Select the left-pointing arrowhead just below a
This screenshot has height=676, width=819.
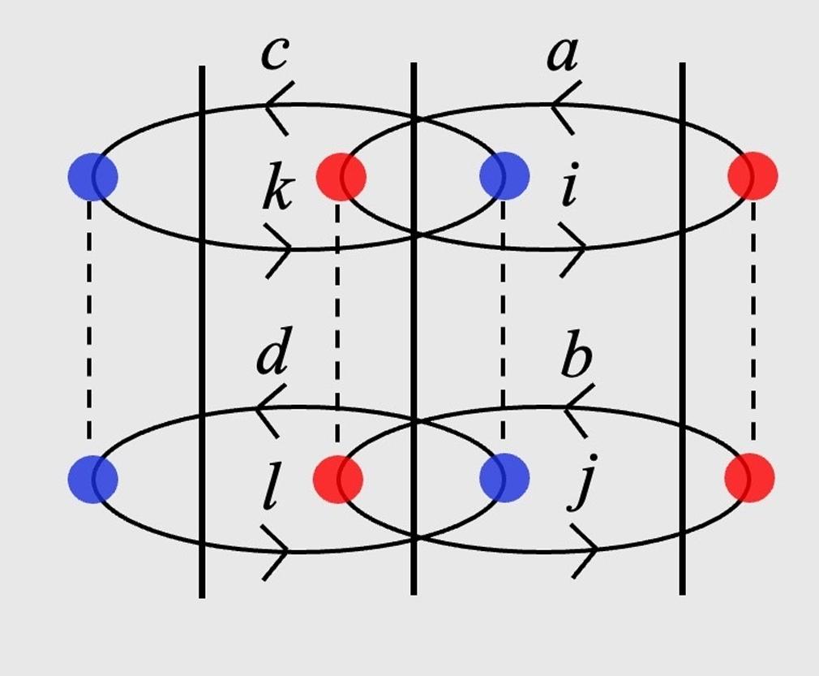[x=564, y=105]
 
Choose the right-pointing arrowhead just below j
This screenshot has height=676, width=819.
[x=586, y=552]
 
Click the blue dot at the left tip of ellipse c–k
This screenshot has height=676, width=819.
[x=92, y=176]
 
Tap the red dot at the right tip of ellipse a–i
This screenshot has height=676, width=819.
[x=753, y=176]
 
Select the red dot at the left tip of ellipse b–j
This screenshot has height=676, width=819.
[x=338, y=479]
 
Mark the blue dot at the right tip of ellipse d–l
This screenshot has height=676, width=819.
[x=504, y=479]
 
